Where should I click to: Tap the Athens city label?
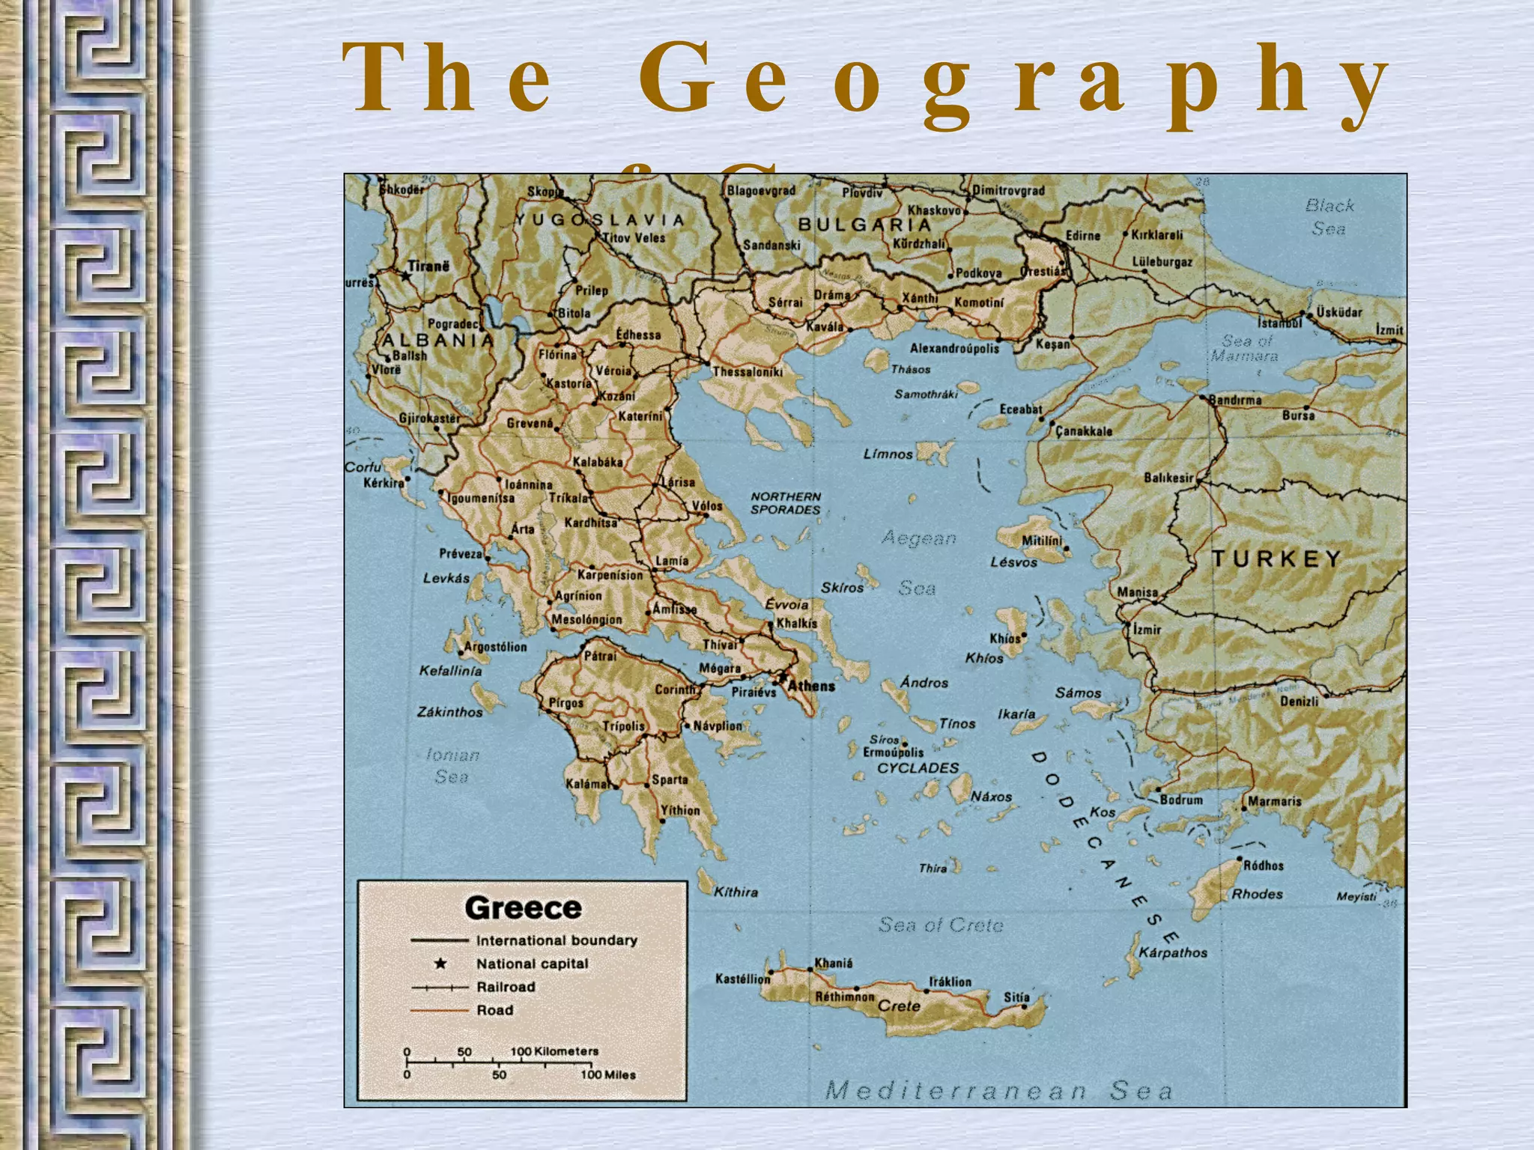point(811,686)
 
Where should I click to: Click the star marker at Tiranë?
point(406,276)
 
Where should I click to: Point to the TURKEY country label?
point(1276,559)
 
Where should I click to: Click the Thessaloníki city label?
point(748,371)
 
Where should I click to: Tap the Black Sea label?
point(1330,216)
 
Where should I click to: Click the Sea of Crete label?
point(941,925)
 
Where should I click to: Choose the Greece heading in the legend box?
point(523,908)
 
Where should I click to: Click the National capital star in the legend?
point(440,964)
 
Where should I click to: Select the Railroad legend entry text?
point(506,987)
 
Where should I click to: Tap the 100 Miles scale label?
point(608,1074)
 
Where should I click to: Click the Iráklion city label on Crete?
point(950,982)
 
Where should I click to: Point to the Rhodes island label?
point(1257,894)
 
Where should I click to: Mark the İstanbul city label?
point(1280,323)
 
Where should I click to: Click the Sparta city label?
point(670,779)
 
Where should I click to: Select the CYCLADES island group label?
point(918,768)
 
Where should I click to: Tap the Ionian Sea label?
point(452,766)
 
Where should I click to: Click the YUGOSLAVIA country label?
point(599,220)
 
